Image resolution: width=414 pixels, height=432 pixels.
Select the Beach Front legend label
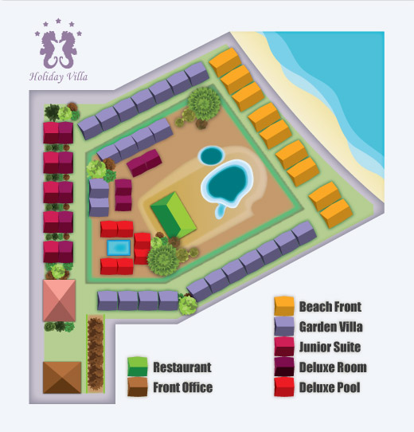click(x=330, y=306)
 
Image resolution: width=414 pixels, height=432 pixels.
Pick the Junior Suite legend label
click(x=330, y=347)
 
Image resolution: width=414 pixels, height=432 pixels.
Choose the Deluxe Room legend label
click(x=333, y=367)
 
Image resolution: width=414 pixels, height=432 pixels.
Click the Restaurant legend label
click(x=182, y=367)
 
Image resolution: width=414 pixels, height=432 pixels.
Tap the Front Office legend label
click(x=182, y=388)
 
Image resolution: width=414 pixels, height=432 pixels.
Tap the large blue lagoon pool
click(x=226, y=183)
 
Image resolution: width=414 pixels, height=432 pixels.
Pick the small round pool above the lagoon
click(x=210, y=154)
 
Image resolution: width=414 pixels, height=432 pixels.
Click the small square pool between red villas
click(x=119, y=248)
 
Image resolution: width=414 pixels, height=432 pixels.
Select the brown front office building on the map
click(x=62, y=376)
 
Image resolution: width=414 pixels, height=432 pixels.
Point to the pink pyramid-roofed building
click(x=61, y=300)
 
